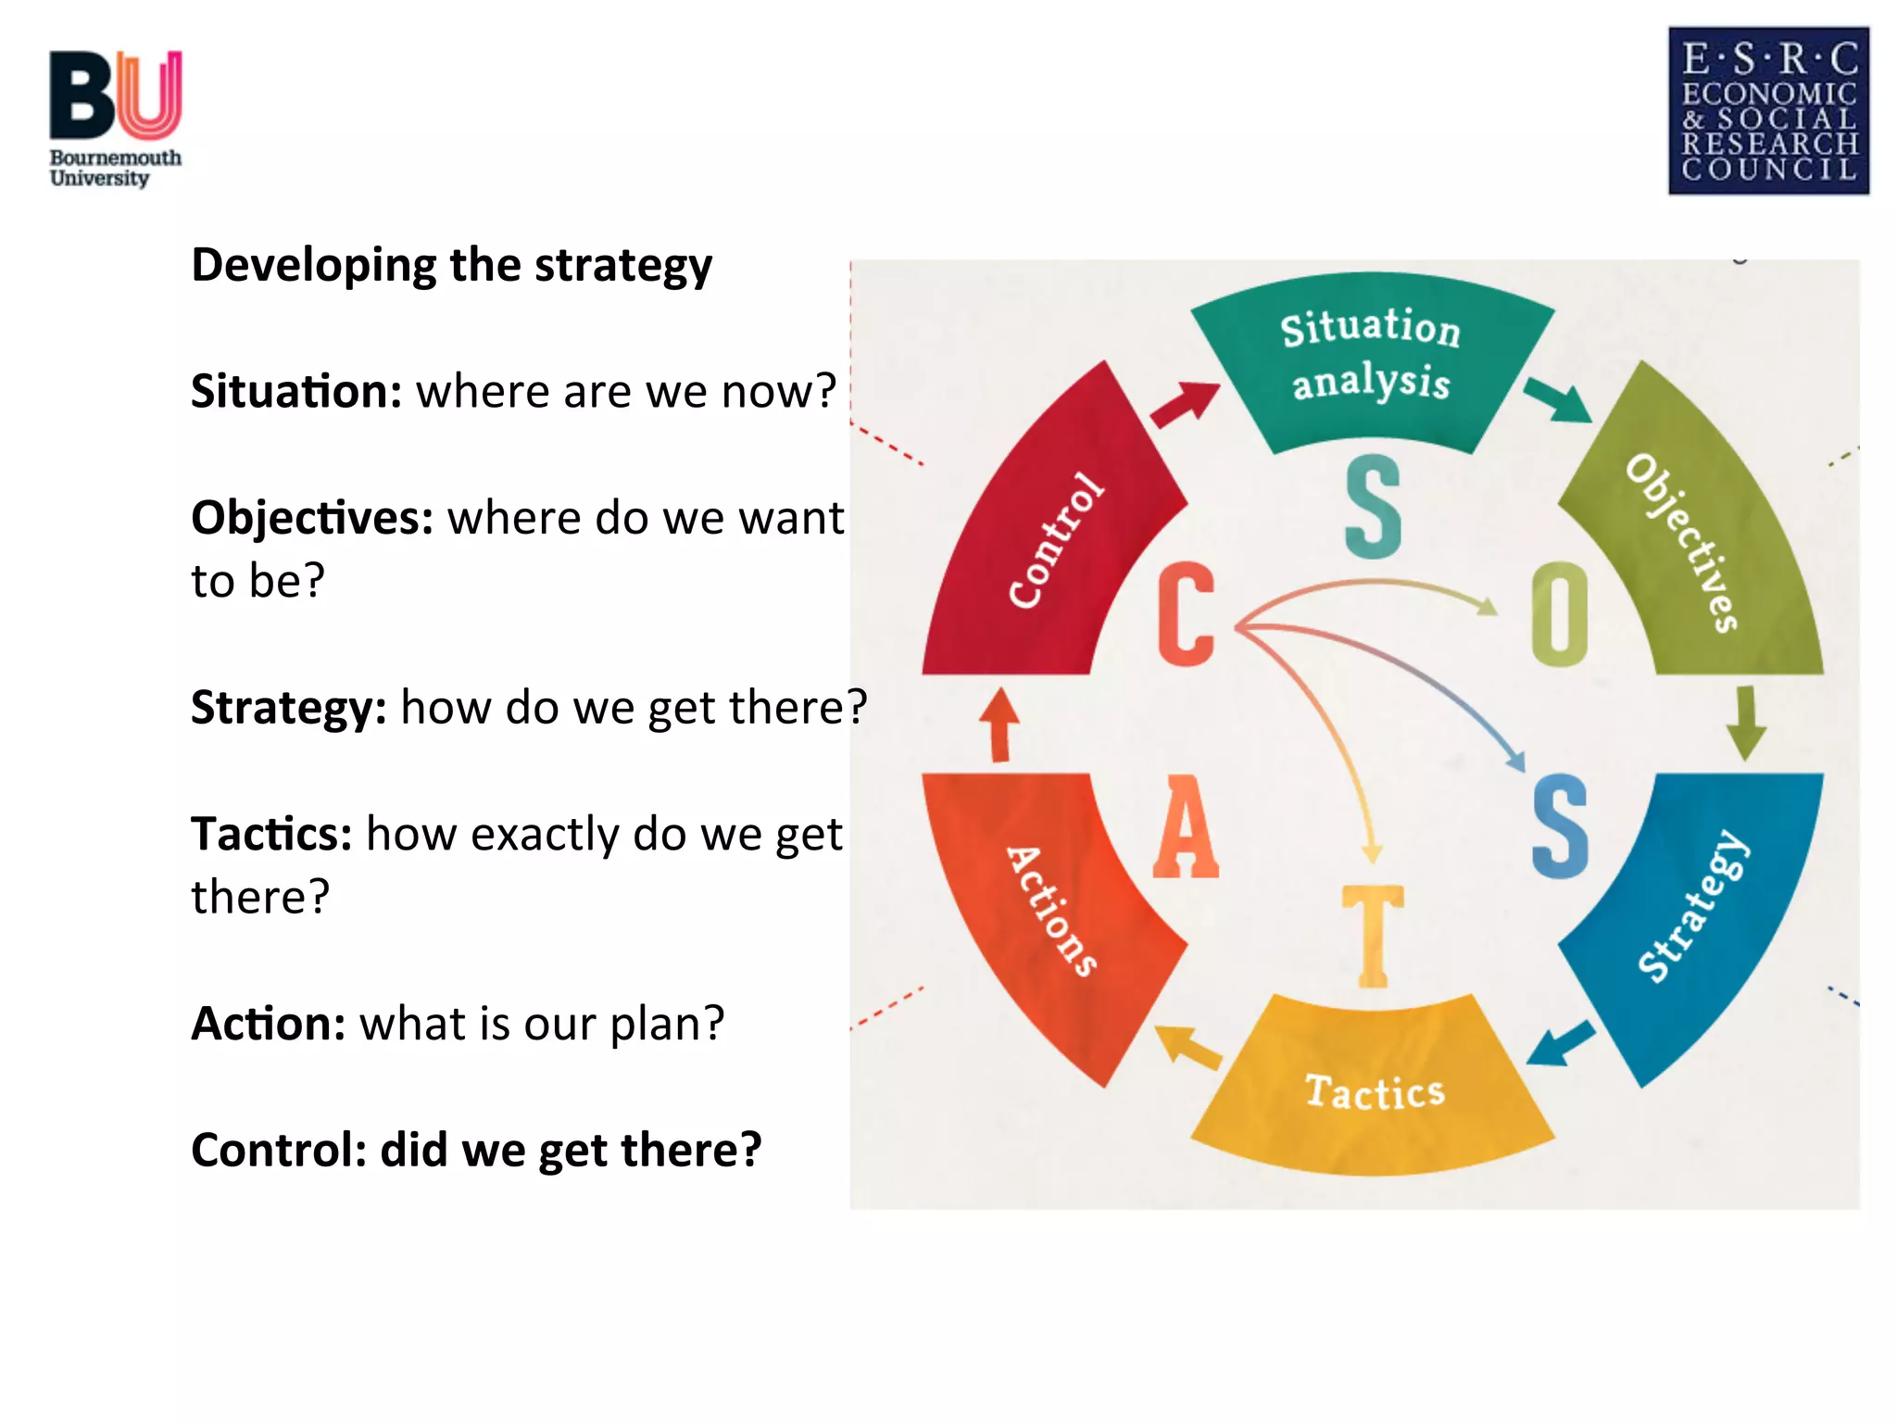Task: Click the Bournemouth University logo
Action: coord(115,118)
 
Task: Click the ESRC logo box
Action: coord(1768,110)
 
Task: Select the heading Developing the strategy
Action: coord(451,265)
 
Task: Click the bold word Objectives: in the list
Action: coord(312,517)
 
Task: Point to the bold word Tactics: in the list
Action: coord(271,834)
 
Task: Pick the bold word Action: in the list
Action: coord(269,1024)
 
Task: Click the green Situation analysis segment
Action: coord(1371,357)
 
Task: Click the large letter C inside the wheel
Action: coord(1186,613)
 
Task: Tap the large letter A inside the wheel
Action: coord(1186,827)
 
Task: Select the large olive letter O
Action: coord(1560,613)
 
